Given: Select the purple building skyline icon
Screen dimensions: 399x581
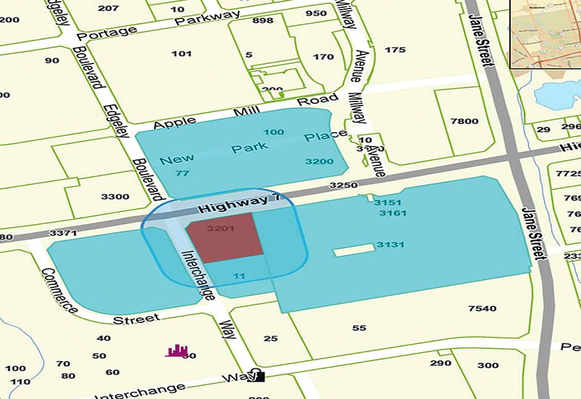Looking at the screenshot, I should click(176, 351).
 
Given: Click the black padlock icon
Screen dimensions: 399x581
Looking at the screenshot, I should click(256, 375).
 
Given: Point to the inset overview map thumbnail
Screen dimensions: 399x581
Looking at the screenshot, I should click(545, 33).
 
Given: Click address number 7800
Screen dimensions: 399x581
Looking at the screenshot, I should click(464, 121).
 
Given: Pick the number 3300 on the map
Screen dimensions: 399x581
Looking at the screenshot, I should click(115, 197).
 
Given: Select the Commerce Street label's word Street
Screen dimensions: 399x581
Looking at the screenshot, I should click(136, 320).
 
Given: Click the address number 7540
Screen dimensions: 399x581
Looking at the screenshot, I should click(482, 308).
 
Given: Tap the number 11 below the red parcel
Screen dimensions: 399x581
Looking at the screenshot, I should click(239, 276).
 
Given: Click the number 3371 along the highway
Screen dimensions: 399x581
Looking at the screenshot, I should click(63, 233).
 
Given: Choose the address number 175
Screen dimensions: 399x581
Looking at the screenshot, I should click(395, 50).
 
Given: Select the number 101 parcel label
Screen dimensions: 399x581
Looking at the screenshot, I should click(182, 53).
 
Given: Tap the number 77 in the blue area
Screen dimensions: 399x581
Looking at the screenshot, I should click(182, 173).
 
